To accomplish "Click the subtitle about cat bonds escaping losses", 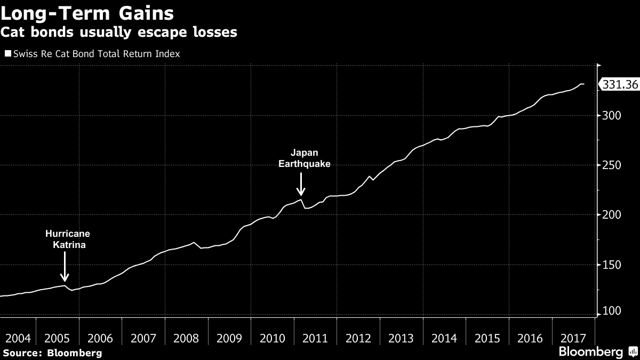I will pos(119,33).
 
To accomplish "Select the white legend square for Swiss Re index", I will pos(7,53).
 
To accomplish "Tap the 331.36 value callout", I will pos(620,84).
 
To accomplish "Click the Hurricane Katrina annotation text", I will pos(67,239).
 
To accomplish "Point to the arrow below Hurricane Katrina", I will pos(65,267).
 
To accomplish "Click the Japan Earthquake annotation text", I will pos(305,158).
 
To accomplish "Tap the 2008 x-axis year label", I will pos(186,338).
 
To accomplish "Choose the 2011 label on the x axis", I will pos(315,338).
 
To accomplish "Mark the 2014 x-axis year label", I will pos(444,338).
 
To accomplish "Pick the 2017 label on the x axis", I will pos(573,338).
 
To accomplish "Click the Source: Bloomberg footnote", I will pos(52,353).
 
